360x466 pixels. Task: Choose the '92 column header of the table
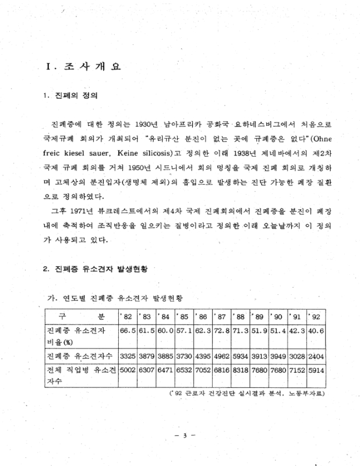tap(316, 317)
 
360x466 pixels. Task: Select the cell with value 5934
tap(240, 354)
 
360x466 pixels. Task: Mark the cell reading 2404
tap(316, 354)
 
